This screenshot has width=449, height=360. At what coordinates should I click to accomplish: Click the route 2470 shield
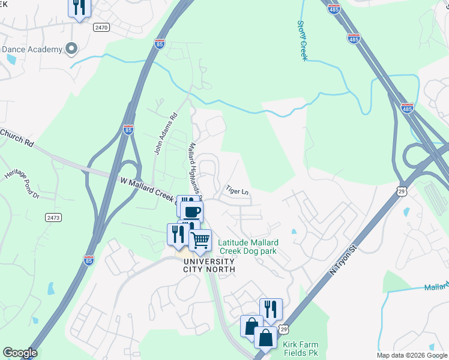(101, 27)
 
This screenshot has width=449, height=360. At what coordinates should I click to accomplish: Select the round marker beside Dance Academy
(71, 48)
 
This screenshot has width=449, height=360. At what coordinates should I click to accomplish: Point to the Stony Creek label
(302, 40)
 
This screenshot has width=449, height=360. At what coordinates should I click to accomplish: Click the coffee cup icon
(192, 211)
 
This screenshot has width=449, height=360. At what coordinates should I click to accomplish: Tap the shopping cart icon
(200, 241)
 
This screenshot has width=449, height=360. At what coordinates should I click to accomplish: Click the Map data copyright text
(412, 355)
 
